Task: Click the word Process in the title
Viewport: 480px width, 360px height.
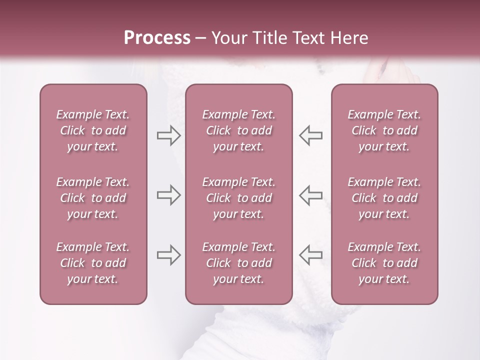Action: coord(157,38)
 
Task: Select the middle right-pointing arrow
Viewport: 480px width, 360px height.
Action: coord(169,195)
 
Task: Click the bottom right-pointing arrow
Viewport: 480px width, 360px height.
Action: coord(169,255)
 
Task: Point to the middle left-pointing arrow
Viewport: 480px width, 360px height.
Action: coord(310,195)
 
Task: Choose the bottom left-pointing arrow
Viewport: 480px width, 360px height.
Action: coord(310,255)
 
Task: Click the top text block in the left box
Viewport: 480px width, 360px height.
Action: coord(93,130)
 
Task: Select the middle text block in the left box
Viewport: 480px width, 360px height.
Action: coord(93,198)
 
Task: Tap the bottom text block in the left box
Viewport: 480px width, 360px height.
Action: coord(93,263)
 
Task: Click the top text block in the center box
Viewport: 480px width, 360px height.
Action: coord(238,130)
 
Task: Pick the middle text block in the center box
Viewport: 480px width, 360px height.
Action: coord(238,198)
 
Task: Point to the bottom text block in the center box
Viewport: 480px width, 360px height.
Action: coord(238,263)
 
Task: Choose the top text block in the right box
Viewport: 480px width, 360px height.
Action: coord(384,130)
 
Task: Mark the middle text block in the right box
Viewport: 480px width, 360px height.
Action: coord(384,198)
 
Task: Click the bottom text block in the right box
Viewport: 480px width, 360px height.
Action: coord(384,263)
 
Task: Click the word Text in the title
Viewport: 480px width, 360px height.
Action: coord(305,38)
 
